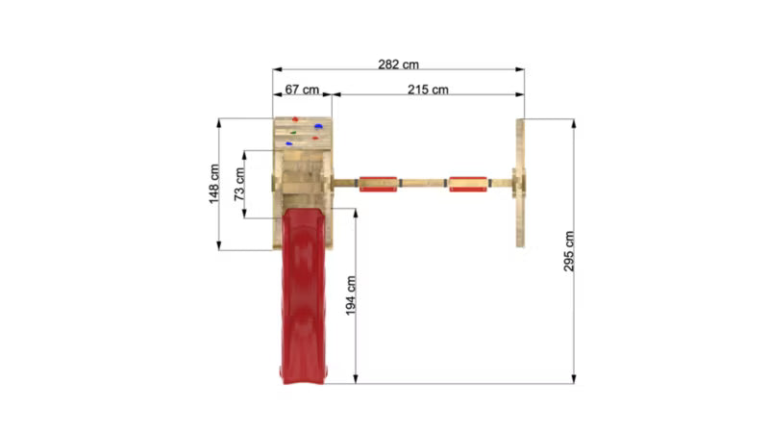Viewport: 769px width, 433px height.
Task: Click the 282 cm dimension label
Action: pyautogui.click(x=398, y=64)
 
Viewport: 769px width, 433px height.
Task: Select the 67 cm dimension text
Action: pyautogui.click(x=302, y=89)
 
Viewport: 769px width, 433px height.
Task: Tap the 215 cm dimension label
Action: pyautogui.click(x=428, y=89)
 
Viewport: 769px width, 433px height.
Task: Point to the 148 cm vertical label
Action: pyautogui.click(x=214, y=184)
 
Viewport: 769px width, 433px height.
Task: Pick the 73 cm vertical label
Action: pyautogui.click(x=239, y=184)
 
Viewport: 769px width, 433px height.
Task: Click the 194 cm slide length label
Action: pyautogui.click(x=351, y=295)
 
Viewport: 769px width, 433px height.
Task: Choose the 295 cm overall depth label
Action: pyautogui.click(x=569, y=251)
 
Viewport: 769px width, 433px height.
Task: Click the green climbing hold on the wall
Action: pyautogui.click(x=293, y=133)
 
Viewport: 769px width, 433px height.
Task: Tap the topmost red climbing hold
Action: pyautogui.click(x=295, y=119)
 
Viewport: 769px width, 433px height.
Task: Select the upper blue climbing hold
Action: pyautogui.click(x=318, y=127)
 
